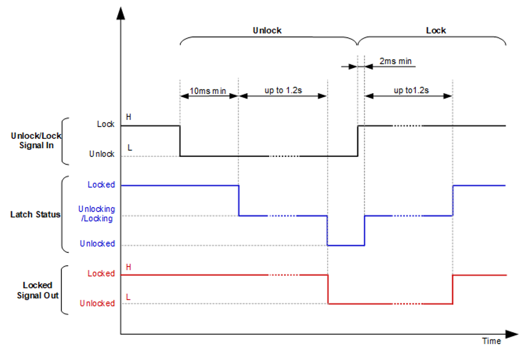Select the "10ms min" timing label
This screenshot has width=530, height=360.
tap(208, 91)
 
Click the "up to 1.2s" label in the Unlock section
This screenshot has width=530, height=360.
tap(283, 91)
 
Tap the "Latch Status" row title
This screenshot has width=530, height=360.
tap(35, 214)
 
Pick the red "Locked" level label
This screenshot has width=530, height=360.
tap(101, 273)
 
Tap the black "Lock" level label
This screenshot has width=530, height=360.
tap(106, 124)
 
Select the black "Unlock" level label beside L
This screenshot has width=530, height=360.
tap(102, 154)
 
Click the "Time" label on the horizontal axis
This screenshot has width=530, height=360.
tap(491, 341)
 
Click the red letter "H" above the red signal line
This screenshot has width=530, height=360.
tap(129, 267)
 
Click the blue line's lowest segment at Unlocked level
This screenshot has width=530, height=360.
tap(346, 245)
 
